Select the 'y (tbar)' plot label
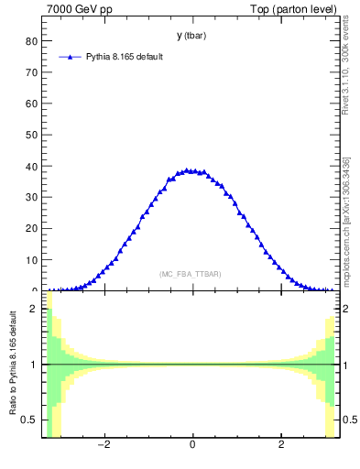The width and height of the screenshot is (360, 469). (x=191, y=36)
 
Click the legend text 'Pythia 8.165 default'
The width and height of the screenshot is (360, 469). (x=125, y=57)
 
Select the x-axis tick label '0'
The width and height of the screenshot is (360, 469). (x=192, y=446)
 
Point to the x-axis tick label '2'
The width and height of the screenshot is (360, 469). (x=281, y=446)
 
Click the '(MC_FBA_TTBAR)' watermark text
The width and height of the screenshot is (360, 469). (x=190, y=274)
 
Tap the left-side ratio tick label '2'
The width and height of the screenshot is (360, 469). (x=34, y=310)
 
